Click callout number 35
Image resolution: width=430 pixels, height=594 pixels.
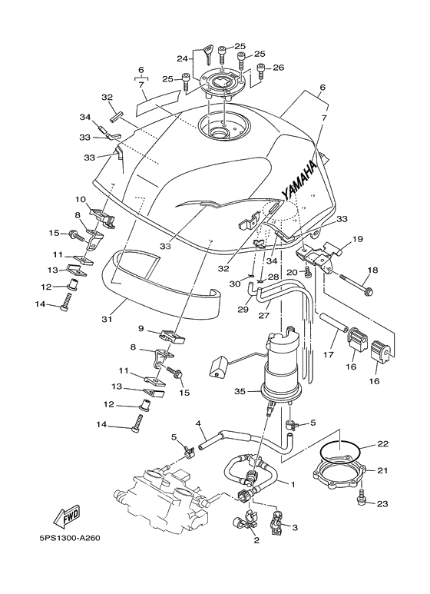[x=240, y=391]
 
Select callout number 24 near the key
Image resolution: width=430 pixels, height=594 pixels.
[x=183, y=58]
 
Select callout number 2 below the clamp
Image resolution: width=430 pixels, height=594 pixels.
[x=256, y=540]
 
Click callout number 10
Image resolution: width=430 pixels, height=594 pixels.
[x=80, y=200]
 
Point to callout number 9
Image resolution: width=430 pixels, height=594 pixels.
[x=141, y=328]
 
